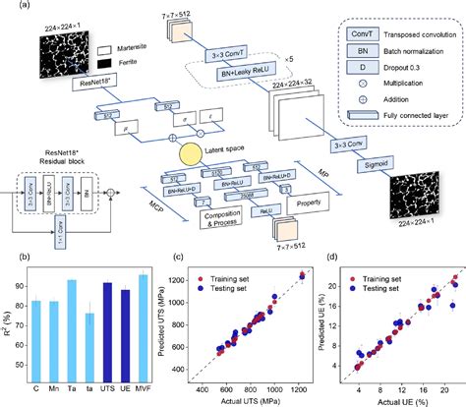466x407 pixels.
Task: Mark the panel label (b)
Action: [x=9, y=257]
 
